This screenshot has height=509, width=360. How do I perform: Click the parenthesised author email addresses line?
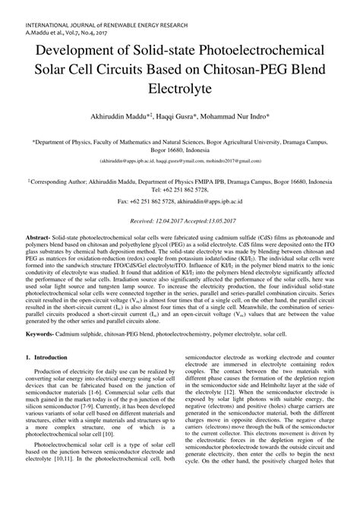180,161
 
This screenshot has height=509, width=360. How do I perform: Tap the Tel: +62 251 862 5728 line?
180,190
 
